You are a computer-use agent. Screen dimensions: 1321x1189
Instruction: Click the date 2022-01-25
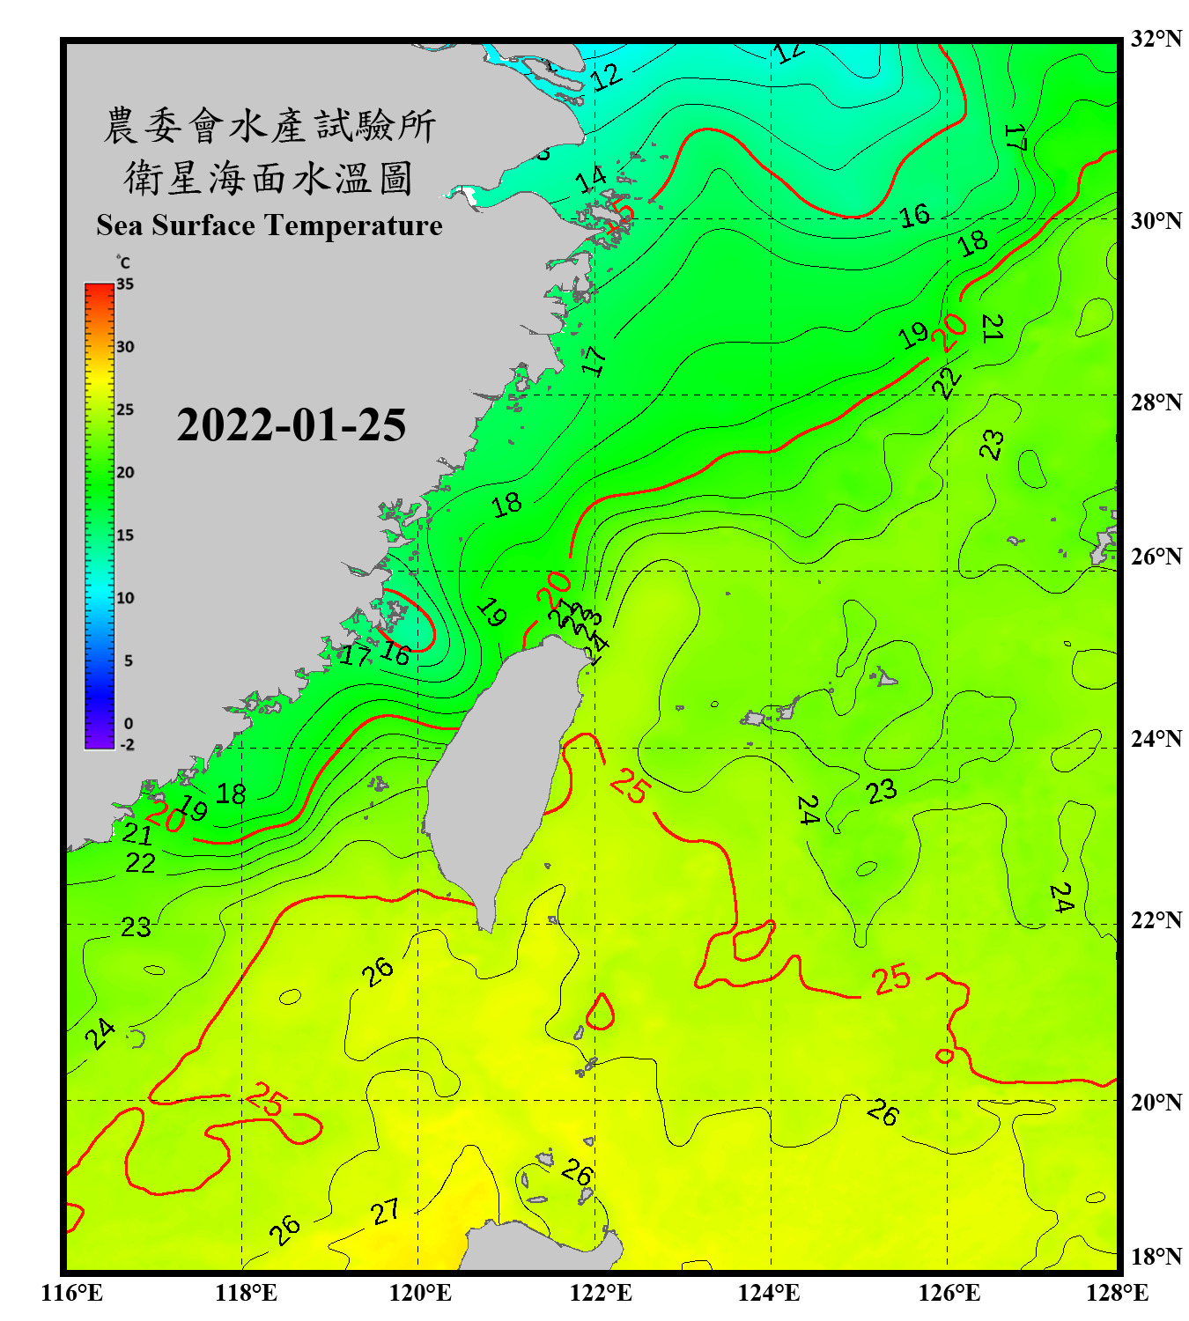pyautogui.click(x=292, y=425)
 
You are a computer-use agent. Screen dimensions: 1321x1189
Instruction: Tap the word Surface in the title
pyautogui.click(x=203, y=225)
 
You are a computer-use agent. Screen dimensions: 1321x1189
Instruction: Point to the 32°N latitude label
pyautogui.click(x=1156, y=39)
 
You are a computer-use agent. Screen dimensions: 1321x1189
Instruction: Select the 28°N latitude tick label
pyautogui.click(x=1156, y=402)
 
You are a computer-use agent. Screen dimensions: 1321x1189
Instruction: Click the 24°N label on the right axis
pyautogui.click(x=1156, y=738)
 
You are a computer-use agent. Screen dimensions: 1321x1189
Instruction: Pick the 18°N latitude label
pyautogui.click(x=1156, y=1257)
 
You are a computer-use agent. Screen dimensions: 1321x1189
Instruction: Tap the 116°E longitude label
pyautogui.click(x=71, y=1293)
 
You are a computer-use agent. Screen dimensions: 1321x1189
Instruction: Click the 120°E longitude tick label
pyautogui.click(x=420, y=1293)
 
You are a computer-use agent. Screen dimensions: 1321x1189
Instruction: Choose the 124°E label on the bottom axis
pyautogui.click(x=769, y=1293)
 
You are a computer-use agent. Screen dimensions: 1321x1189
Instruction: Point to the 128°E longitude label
pyautogui.click(x=1117, y=1293)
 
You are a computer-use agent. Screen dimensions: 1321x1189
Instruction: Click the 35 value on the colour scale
pyautogui.click(x=125, y=284)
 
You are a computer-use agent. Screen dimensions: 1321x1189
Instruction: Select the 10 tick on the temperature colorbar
pyautogui.click(x=125, y=598)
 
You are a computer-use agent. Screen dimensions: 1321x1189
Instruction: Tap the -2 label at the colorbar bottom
pyautogui.click(x=127, y=744)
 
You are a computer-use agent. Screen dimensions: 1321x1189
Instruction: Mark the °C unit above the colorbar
pyautogui.click(x=122, y=262)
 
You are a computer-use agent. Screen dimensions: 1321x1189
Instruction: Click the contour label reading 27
pyautogui.click(x=385, y=1213)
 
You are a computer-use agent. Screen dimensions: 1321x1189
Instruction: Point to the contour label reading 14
pyautogui.click(x=591, y=179)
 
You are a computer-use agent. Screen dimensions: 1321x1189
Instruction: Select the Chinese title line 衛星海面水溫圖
pyautogui.click(x=269, y=178)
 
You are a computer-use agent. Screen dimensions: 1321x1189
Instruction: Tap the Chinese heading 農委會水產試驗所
pyautogui.click(x=269, y=126)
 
